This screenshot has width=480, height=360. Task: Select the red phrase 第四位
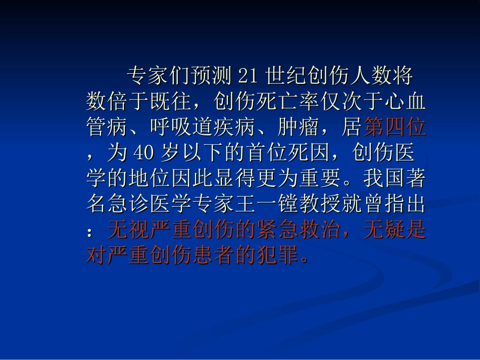[x=395, y=128]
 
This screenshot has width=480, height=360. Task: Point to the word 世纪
[x=282, y=76]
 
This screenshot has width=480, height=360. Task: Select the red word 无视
[x=123, y=231]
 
